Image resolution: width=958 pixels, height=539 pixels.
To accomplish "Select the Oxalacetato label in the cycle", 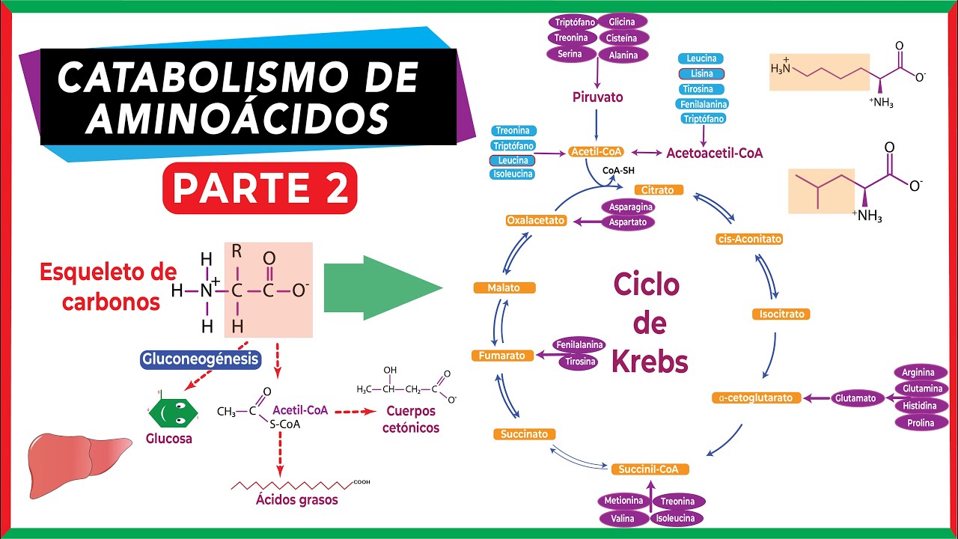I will (x=535, y=221).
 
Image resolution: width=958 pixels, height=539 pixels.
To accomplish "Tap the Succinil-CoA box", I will (x=649, y=469).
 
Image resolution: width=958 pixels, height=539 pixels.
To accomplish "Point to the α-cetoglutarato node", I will (x=757, y=398).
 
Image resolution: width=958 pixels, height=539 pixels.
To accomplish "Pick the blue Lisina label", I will (x=701, y=73).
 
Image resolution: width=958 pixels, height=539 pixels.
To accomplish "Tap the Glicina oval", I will (x=622, y=22).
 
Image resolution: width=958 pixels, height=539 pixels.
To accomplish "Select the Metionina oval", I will (x=623, y=501).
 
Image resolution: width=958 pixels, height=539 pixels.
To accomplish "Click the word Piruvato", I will (x=597, y=97).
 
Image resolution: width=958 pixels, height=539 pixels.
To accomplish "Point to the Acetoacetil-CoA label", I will (x=714, y=153).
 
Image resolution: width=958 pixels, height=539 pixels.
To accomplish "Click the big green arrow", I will (x=382, y=288).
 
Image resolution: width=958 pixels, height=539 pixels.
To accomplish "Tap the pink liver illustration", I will (x=71, y=457).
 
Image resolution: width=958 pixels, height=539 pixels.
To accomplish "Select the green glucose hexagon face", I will (x=172, y=411).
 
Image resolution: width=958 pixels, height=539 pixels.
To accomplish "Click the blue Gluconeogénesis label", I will (x=201, y=359).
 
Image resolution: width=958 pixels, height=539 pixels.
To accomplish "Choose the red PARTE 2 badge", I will (x=260, y=188).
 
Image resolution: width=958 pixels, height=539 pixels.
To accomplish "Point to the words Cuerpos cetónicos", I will (x=411, y=420).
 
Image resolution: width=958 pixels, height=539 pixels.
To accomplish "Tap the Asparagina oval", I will (x=631, y=207).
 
